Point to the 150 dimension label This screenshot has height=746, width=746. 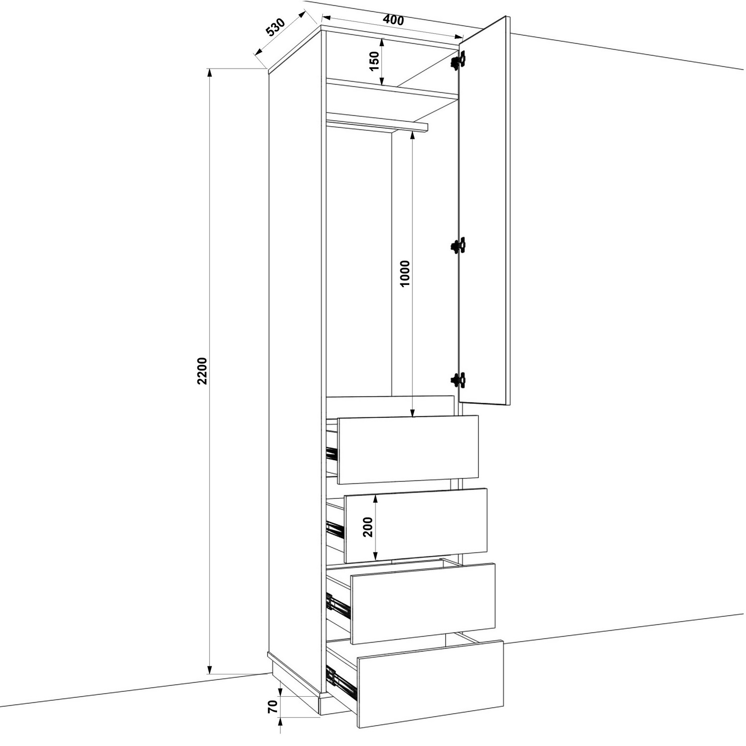375,61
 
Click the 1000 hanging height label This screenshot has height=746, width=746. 405,274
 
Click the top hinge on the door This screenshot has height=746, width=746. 458,60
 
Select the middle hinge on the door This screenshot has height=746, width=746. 458,246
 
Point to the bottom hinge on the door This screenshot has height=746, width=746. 458,380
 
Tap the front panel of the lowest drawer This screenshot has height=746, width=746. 431,684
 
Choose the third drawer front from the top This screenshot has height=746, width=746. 423,603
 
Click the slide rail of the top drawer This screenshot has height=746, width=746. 332,453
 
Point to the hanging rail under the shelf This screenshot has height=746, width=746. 377,124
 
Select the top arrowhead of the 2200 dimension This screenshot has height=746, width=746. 210,73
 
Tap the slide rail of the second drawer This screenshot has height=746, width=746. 335,529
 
